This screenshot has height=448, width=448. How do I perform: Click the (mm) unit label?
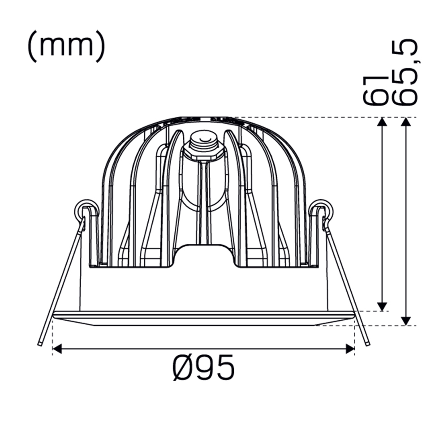coord(66,47)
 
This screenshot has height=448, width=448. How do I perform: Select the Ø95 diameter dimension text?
coord(204,367)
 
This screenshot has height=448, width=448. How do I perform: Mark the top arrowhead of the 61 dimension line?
coord(382,122)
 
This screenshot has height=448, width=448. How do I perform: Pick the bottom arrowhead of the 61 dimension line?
coord(382,306)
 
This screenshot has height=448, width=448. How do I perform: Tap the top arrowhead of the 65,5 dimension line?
coord(406,122)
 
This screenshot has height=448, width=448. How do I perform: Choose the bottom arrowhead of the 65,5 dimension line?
coord(406,321)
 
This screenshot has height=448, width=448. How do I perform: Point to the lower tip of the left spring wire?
coord(40,343)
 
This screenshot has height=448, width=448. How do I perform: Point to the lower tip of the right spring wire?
coord(368,343)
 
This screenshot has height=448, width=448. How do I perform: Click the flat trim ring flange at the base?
coord(203,318)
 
